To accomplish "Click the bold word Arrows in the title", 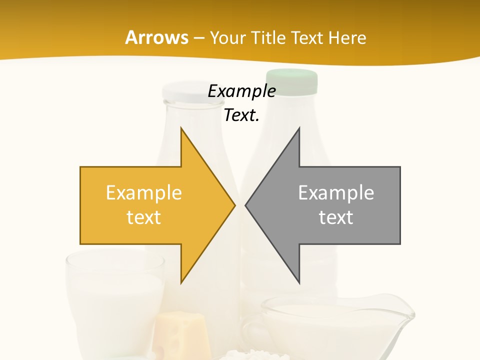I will (x=156, y=37).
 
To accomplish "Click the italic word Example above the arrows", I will (x=241, y=91).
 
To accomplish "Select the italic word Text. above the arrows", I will (x=241, y=115).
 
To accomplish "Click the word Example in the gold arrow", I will (x=144, y=192).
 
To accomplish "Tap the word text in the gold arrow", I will (x=144, y=217).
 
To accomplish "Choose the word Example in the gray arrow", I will (x=336, y=192).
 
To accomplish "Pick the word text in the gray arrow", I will (x=336, y=217).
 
